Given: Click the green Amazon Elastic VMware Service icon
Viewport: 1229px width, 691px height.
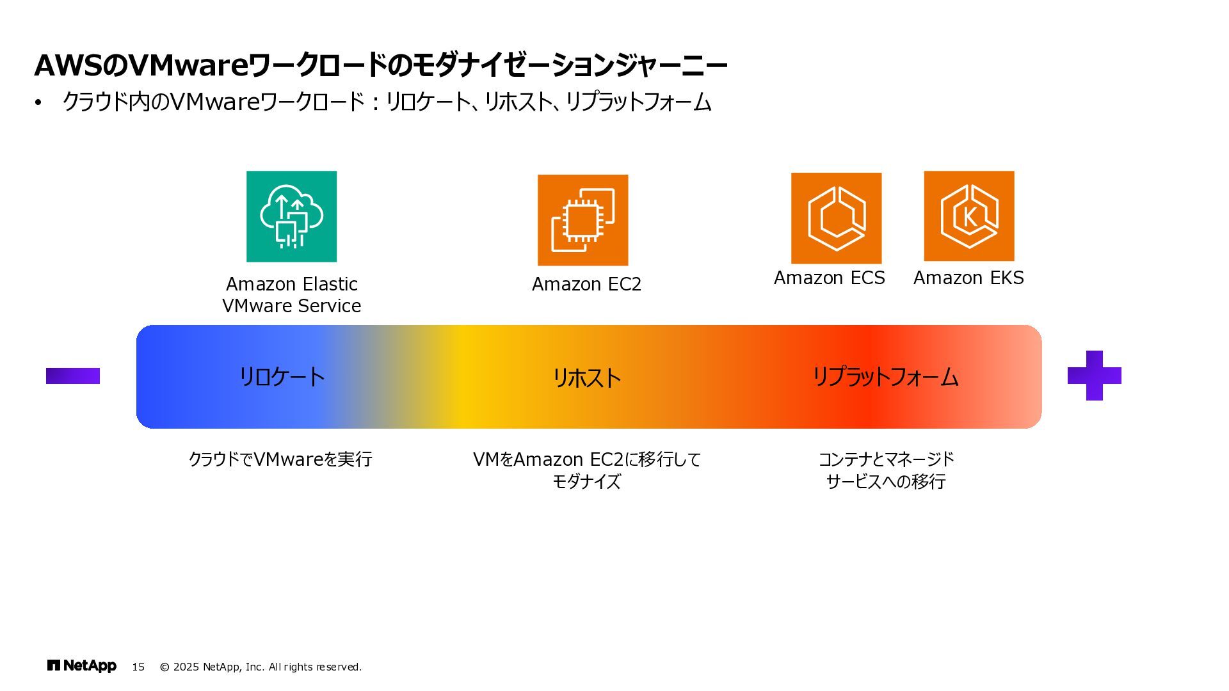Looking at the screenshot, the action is pos(291,216).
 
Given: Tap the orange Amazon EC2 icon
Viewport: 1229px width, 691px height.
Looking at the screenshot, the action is pos(582,220).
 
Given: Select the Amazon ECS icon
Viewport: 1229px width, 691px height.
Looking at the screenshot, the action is pos(836,218).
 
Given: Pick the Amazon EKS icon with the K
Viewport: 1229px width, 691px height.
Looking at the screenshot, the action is pos(968,216).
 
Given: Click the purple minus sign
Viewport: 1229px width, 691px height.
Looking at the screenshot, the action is pos(73,376).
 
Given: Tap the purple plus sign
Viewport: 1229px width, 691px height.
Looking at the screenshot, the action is pos(1094,376).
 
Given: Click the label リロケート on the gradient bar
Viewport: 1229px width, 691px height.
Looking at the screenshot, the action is pos(282,376).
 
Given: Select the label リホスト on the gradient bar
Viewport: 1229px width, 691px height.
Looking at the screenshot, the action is pos(586,377).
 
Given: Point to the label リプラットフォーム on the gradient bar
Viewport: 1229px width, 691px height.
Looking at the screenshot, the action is pos(885,376).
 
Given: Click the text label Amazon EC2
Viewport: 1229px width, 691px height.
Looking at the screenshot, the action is pos(586,284).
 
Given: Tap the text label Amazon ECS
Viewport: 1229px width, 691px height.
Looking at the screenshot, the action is pos(829,278).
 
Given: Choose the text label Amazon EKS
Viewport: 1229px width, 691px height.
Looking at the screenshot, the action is pos(968,278).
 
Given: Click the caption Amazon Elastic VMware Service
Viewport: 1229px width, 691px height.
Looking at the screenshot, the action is pos(291,295).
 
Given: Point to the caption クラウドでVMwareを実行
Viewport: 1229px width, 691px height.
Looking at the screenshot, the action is pos(280,459).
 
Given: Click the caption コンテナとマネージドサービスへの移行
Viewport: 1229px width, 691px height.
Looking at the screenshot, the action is pos(886,470).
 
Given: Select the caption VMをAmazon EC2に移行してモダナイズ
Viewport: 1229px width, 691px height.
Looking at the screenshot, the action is pos(586,470).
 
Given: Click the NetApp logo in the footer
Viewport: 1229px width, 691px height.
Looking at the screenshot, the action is pos(82,666).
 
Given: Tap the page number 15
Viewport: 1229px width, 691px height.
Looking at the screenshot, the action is pos(138,667).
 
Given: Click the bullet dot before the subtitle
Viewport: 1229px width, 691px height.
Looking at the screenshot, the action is pos(38,102).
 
